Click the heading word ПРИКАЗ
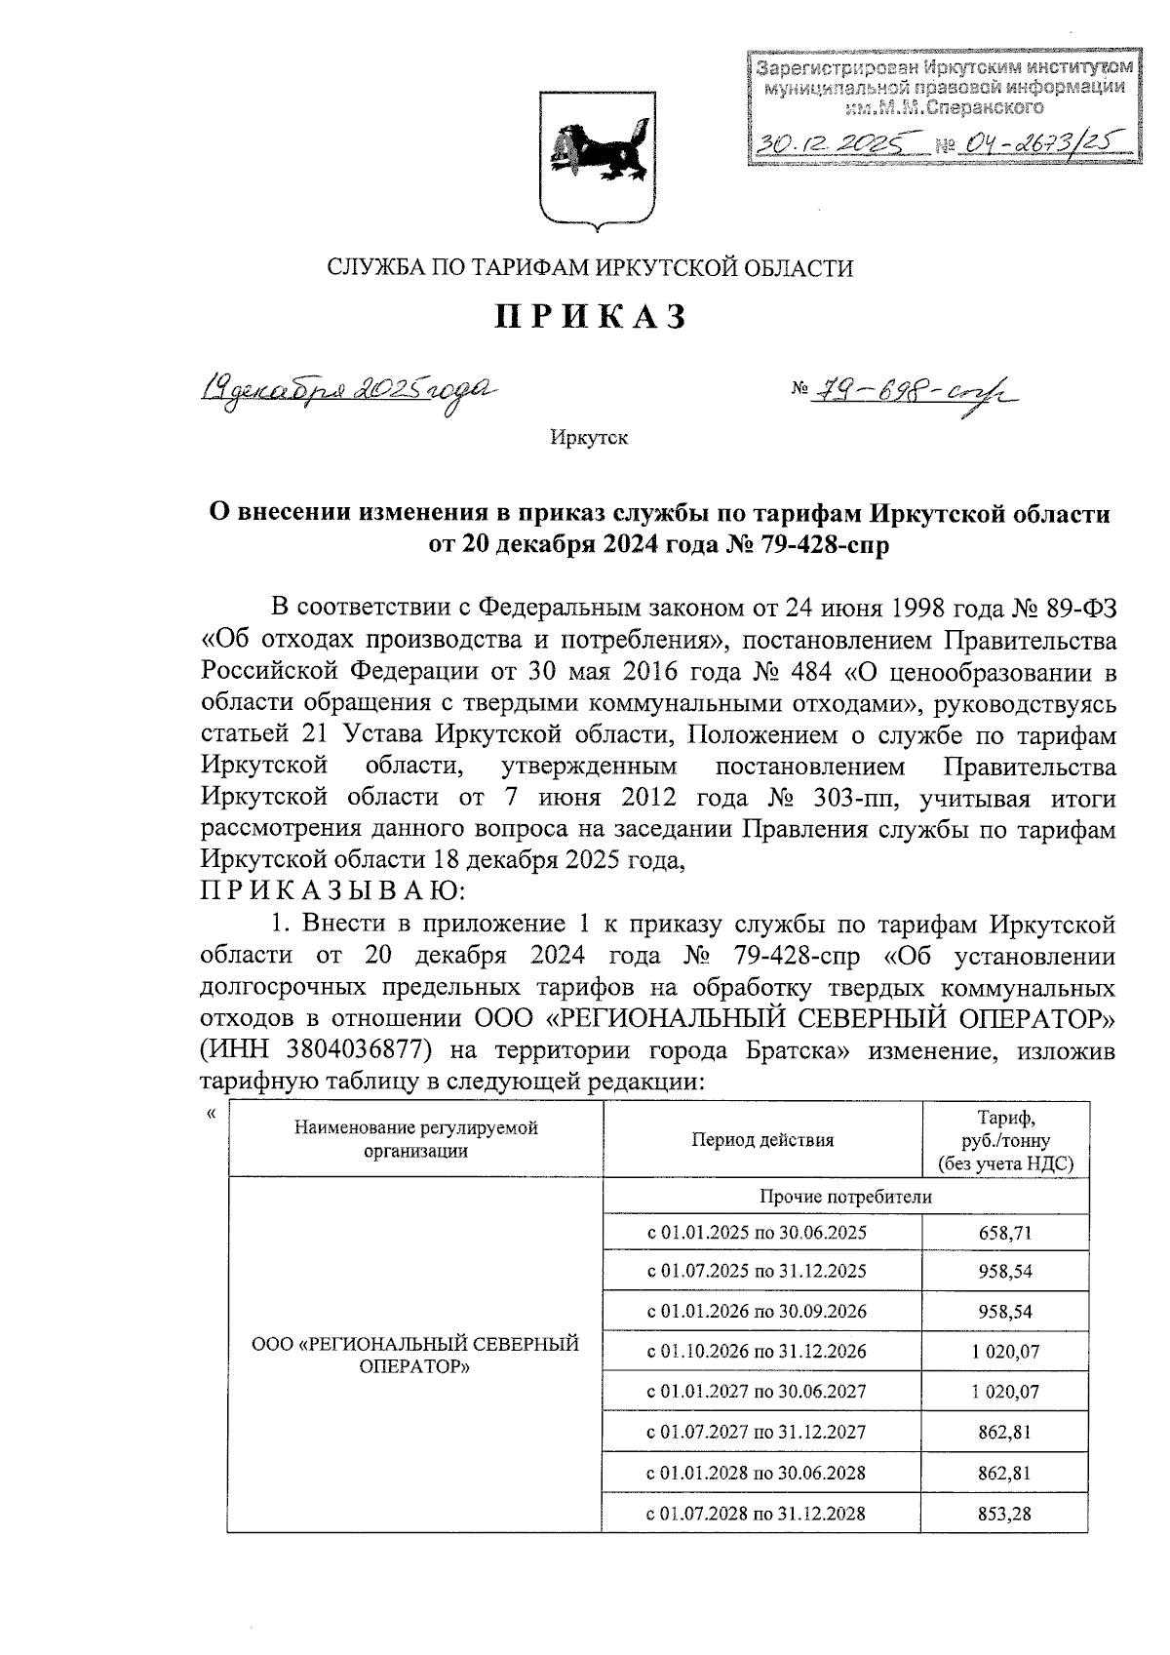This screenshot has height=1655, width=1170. [x=592, y=318]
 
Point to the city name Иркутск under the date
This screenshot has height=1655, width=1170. [x=589, y=438]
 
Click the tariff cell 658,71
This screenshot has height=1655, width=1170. [x=1004, y=1233]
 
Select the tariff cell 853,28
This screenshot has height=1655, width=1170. [x=1004, y=1514]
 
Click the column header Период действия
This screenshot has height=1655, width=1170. [x=762, y=1140]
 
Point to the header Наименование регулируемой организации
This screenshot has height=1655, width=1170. [x=415, y=1139]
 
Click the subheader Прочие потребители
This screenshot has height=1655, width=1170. [x=845, y=1197]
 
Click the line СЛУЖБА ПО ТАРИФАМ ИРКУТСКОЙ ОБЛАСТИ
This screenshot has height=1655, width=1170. [x=590, y=267]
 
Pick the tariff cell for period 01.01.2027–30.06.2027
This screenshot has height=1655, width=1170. [x=1004, y=1392]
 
